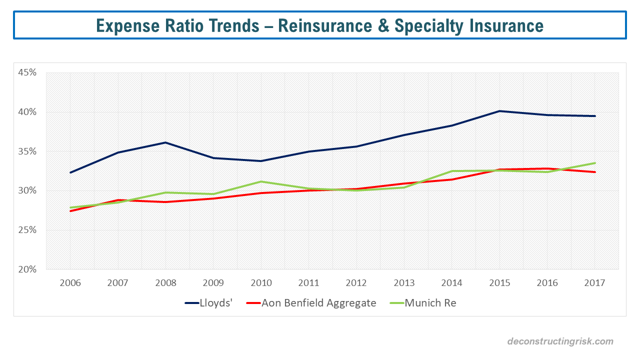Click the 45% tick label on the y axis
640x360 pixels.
click(x=27, y=72)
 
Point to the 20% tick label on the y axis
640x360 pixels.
click(x=27, y=269)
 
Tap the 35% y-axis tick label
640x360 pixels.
click(x=27, y=151)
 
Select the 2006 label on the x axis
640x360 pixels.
click(x=70, y=283)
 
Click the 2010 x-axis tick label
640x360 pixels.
click(x=261, y=283)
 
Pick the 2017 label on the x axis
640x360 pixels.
click(x=594, y=283)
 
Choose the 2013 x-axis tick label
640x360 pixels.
click(x=404, y=283)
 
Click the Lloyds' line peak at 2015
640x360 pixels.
click(x=499, y=111)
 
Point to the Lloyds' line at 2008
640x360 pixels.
click(x=165, y=142)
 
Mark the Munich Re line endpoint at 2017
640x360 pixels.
click(x=595, y=163)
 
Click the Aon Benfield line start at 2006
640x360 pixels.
click(x=70, y=211)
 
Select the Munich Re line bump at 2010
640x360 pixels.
click(x=261, y=181)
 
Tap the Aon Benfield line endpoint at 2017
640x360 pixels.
click(x=595, y=172)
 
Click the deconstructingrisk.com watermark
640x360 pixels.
click(x=560, y=341)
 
